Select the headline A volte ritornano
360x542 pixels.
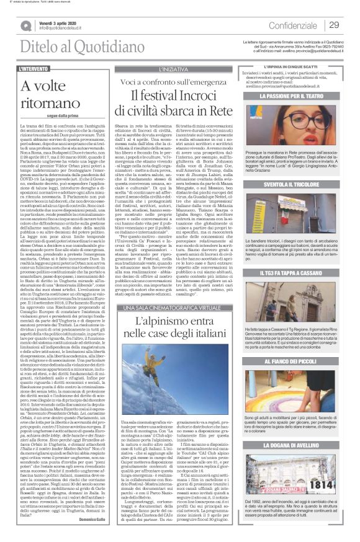point(46,92)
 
